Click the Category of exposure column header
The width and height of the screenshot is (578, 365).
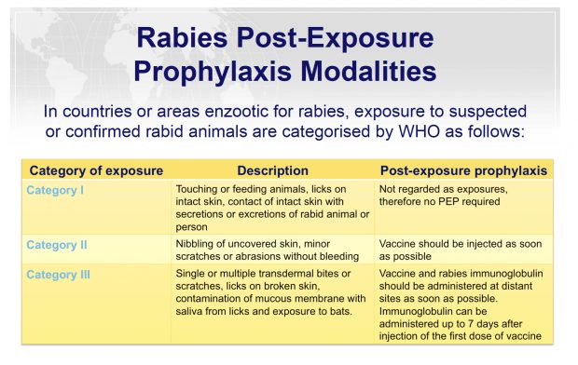click(96, 171)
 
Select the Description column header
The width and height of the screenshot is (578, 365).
click(272, 171)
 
